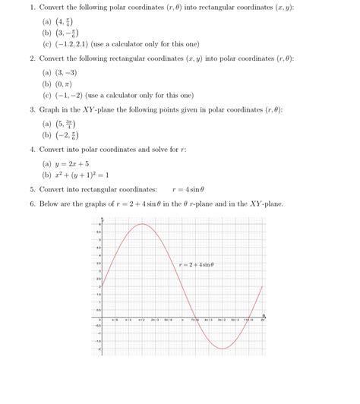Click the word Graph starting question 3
(x=50, y=110)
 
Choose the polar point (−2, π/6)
(x=65, y=137)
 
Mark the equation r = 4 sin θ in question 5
(x=189, y=190)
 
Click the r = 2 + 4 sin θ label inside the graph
(x=197, y=264)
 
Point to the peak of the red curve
(x=141, y=224)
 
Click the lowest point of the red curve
(x=222, y=349)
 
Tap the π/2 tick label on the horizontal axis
(x=141, y=321)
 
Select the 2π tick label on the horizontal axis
(x=263, y=321)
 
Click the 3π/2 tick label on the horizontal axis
(x=222, y=321)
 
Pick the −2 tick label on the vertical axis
(x=98, y=349)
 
